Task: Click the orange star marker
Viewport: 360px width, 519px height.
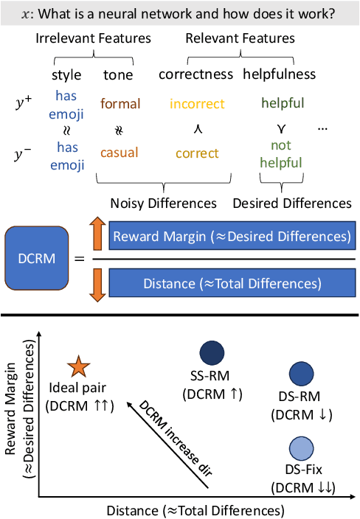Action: coord(77,366)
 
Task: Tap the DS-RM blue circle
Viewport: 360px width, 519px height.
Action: coord(302,375)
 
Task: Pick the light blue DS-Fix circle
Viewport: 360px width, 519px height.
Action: coord(302,447)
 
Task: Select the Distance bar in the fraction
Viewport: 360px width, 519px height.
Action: coord(231,282)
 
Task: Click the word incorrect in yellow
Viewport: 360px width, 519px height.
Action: coord(196,104)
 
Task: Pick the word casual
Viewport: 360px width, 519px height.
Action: coord(118,153)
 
